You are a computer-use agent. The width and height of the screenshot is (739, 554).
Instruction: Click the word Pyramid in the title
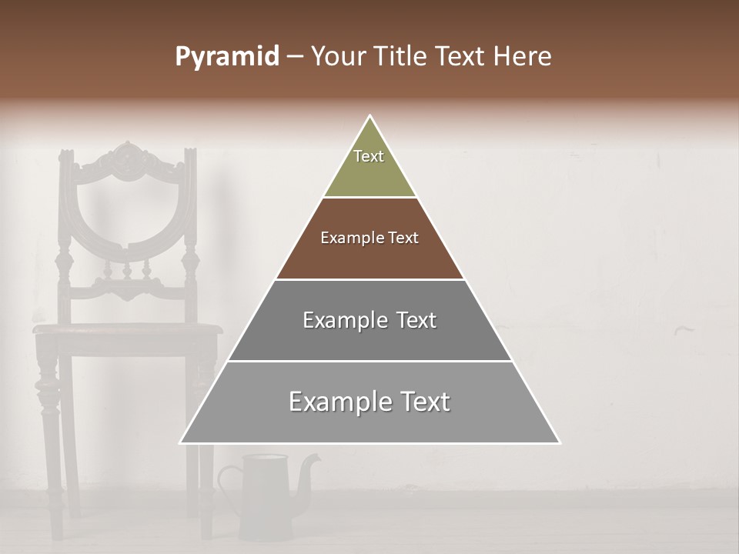[227, 57]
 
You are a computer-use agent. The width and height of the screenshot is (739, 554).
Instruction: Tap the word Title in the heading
[402, 57]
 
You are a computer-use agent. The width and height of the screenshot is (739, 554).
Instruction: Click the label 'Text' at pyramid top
[369, 156]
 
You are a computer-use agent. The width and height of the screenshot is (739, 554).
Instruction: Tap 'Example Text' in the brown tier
[369, 238]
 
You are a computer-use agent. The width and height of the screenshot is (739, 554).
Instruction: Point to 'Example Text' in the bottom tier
[369, 402]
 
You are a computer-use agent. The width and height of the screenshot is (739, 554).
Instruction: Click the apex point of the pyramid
[370, 117]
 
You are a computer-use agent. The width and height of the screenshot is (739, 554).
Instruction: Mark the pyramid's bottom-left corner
[182, 442]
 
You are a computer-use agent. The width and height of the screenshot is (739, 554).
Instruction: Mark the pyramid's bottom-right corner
[559, 442]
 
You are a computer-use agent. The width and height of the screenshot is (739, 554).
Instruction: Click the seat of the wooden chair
[127, 329]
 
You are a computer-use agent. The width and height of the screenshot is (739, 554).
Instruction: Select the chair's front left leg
[49, 431]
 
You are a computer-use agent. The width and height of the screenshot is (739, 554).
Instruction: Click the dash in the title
[295, 57]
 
